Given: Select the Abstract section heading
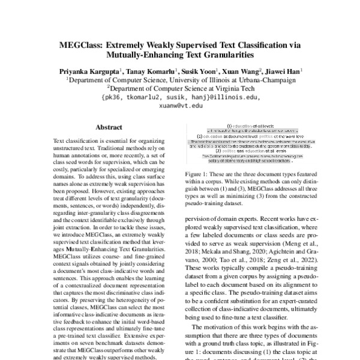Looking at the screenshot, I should [x=108, y=127].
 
